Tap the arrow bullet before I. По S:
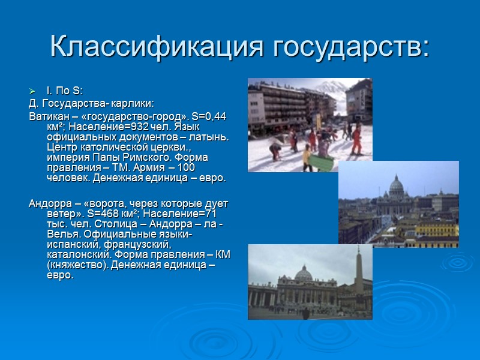(33, 91)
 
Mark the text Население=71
(187, 213)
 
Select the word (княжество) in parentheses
(75, 265)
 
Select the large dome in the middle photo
(397, 187)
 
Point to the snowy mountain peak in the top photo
(327, 87)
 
